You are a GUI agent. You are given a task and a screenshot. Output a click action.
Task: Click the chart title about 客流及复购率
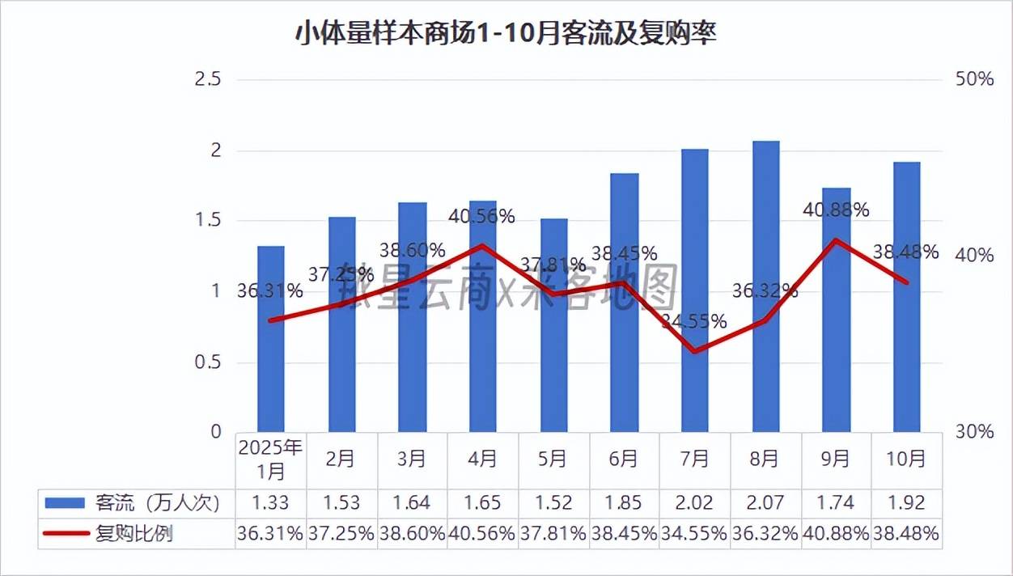click(x=506, y=35)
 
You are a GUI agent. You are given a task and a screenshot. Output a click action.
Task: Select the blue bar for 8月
click(x=765, y=287)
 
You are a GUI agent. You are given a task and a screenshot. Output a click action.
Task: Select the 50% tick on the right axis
click(x=974, y=79)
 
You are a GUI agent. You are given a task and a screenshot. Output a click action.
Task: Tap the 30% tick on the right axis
click(x=974, y=432)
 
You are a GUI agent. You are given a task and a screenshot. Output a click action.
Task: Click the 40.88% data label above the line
click(x=836, y=210)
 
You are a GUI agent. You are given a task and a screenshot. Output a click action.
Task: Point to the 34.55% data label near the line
click(x=693, y=321)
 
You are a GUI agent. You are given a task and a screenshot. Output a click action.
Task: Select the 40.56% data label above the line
click(x=482, y=216)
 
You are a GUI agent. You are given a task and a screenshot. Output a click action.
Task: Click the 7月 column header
click(x=694, y=459)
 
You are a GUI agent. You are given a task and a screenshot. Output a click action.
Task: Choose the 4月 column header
click(x=482, y=459)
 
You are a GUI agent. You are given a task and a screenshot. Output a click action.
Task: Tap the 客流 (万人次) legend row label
click(x=157, y=502)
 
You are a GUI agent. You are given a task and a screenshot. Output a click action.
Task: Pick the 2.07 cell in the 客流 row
click(x=765, y=502)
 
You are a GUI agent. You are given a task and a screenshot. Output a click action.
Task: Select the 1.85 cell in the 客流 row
click(x=624, y=502)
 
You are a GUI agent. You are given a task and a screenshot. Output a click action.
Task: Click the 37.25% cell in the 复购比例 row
click(x=341, y=533)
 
